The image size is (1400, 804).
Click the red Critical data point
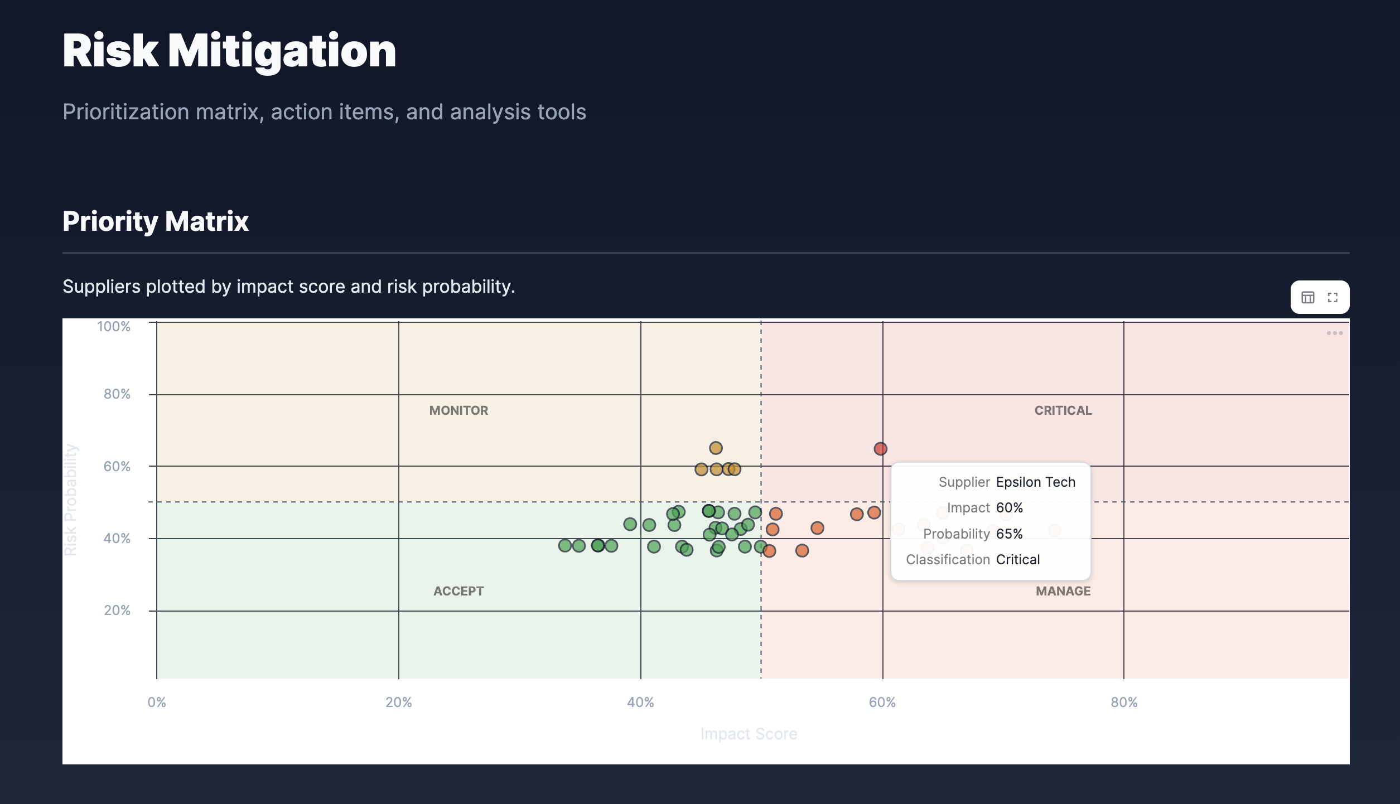(880, 449)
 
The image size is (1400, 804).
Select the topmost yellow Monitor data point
(716, 448)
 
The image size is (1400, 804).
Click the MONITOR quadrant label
(458, 410)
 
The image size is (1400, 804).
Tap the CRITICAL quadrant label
(1063, 410)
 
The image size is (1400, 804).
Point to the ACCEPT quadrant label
(458, 591)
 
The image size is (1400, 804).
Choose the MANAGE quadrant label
(1063, 591)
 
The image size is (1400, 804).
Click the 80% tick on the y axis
(117, 394)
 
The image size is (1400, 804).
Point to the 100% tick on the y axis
(114, 327)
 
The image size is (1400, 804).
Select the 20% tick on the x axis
(398, 703)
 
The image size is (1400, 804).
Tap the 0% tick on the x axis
(157, 703)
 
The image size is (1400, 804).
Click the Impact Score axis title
(749, 734)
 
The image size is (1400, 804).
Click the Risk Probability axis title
(71, 500)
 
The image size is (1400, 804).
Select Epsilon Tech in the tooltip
(1035, 482)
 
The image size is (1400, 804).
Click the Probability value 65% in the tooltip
(1009, 534)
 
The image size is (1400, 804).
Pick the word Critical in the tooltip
(1017, 560)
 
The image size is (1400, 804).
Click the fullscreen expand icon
(1333, 298)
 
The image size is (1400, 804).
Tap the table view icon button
(1307, 298)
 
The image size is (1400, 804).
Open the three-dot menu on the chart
(1334, 333)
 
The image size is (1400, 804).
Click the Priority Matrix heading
(156, 221)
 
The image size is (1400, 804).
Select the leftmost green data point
(564, 545)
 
